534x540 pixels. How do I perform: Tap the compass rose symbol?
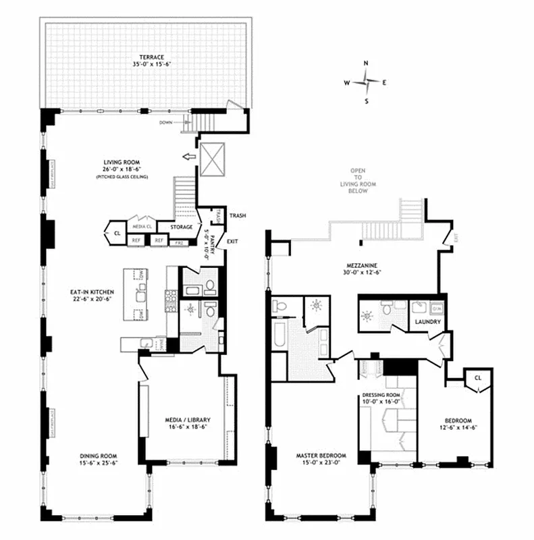pyautogui.click(x=366, y=82)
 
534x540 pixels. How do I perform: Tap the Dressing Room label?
pyautogui.click(x=382, y=398)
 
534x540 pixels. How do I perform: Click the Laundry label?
pyautogui.click(x=428, y=322)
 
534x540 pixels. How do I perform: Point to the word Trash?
pyautogui.click(x=237, y=216)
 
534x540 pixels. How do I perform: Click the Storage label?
pyautogui.click(x=182, y=227)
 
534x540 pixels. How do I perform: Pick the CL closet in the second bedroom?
pyautogui.click(x=477, y=378)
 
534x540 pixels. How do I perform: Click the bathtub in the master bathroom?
pyautogui.click(x=279, y=341)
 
